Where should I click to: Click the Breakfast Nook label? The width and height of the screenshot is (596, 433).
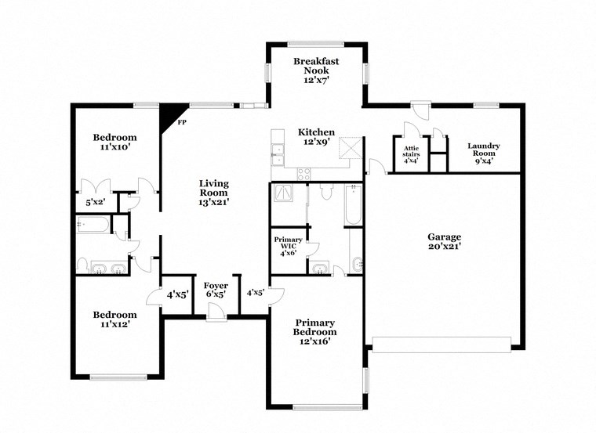tap(316, 70)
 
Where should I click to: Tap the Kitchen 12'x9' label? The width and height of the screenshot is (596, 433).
tap(316, 137)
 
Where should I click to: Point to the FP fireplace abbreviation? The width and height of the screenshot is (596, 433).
tap(182, 123)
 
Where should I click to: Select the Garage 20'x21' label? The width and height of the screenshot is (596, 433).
tap(444, 241)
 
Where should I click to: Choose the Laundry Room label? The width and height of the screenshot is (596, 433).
tap(484, 150)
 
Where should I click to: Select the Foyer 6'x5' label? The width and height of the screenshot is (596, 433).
tap(216, 290)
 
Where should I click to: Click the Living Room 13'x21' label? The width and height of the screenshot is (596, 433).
tap(213, 193)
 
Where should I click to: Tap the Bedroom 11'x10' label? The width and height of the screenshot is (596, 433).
tap(114, 141)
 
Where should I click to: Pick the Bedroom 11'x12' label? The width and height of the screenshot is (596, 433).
tap(114, 319)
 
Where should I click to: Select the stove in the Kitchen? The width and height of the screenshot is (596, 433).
tap(303, 173)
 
